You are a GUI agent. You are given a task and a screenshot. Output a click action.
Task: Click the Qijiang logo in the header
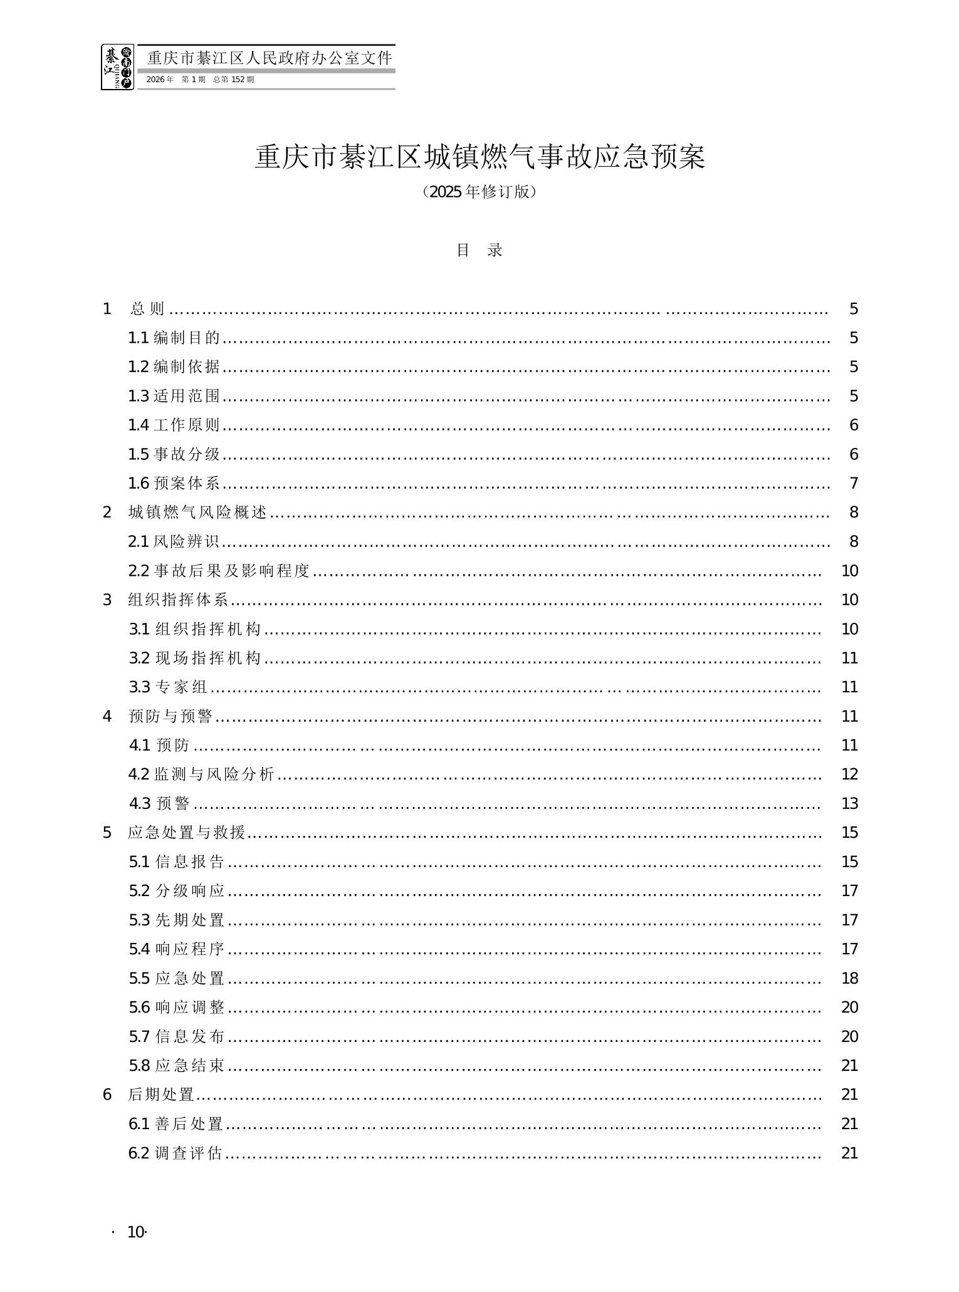point(117,67)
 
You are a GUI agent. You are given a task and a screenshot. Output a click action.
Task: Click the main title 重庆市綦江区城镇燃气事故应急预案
point(479,157)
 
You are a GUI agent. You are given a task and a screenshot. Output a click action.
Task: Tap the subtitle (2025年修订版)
point(479,192)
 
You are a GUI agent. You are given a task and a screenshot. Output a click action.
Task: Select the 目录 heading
point(479,251)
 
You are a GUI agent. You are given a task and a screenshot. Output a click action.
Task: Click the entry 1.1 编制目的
point(174,338)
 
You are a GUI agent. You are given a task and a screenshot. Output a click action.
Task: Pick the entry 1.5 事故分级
point(174,454)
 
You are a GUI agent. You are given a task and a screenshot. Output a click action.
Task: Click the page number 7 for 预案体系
point(853,483)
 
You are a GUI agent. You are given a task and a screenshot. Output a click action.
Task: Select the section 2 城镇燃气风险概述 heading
point(197,513)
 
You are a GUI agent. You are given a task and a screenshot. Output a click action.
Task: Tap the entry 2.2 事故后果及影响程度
point(219,571)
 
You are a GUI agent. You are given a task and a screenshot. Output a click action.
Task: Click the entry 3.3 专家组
point(168,687)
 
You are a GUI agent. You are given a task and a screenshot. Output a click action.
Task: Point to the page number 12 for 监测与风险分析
point(849,774)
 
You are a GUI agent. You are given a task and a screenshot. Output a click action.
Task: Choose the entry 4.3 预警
point(160,803)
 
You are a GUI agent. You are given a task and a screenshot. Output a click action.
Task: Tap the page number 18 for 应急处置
point(849,978)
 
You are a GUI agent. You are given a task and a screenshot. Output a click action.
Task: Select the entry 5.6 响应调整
point(177,1007)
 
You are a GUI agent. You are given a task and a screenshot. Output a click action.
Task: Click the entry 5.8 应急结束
point(177,1065)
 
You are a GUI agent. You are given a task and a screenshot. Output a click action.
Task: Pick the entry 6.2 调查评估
point(176,1153)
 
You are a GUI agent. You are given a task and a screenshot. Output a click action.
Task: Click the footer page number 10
point(136,1232)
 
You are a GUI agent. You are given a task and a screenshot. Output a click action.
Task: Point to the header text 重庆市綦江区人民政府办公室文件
point(270,58)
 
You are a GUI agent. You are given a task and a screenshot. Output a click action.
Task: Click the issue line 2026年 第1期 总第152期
point(201,80)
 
